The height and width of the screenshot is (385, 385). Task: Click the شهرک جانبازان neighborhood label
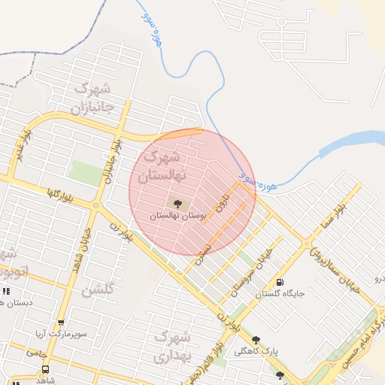point(92,98)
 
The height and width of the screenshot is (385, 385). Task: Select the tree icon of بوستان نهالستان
point(177,202)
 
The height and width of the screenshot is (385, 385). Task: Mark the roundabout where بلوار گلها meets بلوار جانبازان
point(95,205)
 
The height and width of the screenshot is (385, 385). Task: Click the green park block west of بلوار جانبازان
point(86,172)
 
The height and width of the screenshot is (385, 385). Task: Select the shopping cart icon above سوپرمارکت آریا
point(61,322)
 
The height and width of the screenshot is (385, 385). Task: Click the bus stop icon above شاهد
point(45,369)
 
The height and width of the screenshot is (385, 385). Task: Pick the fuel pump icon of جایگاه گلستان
point(280,283)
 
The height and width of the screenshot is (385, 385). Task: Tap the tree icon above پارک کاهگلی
point(256,340)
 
